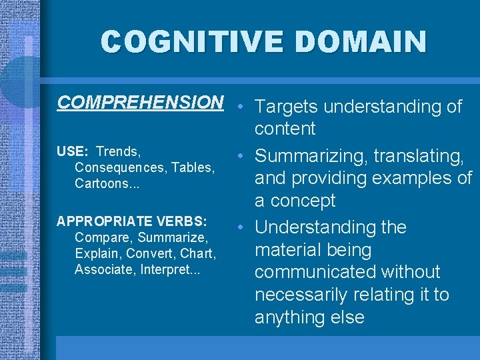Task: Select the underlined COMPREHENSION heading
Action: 140,102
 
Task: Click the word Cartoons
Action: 104,183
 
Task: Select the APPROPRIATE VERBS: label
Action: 132,221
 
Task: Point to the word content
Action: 285,129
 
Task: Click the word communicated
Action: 314,272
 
